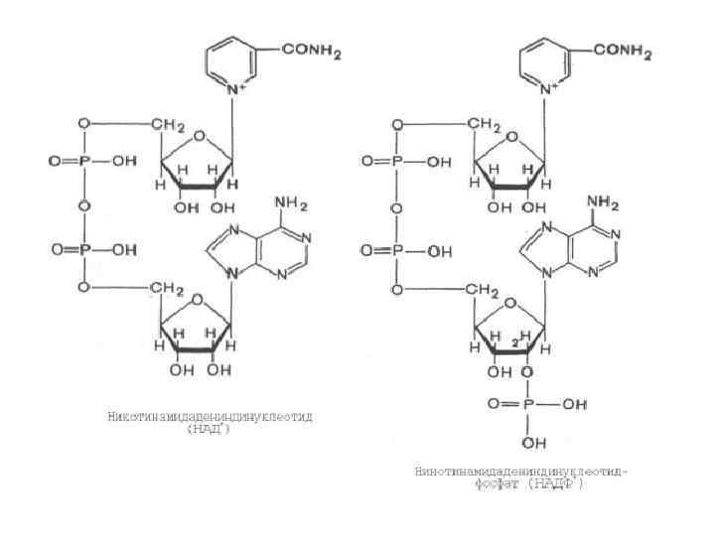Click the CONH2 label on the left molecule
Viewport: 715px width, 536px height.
[x=311, y=54]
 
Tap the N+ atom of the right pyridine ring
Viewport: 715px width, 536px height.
[x=546, y=90]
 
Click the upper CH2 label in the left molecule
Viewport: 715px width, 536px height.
[x=169, y=125]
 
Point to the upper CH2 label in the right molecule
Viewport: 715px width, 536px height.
[x=483, y=125]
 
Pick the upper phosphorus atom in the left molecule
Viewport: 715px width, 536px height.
[x=84, y=161]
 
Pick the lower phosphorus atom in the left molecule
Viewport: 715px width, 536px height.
[x=84, y=251]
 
